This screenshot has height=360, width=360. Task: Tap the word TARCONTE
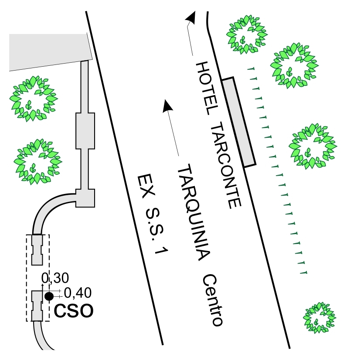pyautogui.click(x=225, y=165)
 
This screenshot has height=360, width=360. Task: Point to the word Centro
pyautogui.click(x=214, y=300)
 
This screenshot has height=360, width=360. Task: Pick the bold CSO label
pyautogui.click(x=74, y=311)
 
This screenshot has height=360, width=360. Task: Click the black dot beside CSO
pyautogui.click(x=49, y=296)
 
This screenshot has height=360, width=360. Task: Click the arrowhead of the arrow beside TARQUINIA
pyautogui.click(x=167, y=105)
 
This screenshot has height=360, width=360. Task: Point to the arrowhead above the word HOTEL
pyautogui.click(x=190, y=17)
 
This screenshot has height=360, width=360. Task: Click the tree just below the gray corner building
pyautogui.click(x=33, y=98)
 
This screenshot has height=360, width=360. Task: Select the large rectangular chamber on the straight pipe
pyautogui.click(x=85, y=130)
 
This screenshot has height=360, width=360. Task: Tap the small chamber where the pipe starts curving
pyautogui.click(x=85, y=198)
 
